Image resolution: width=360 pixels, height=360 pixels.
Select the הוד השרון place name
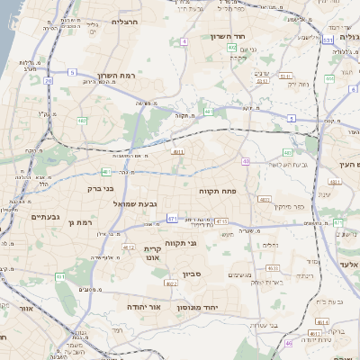229,36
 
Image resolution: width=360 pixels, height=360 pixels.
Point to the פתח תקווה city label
217,192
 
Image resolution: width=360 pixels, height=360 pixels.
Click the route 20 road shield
47,81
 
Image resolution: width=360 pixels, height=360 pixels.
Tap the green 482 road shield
82,120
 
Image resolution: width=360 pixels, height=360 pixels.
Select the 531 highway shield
328,40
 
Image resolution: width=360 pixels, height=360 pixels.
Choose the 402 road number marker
232,47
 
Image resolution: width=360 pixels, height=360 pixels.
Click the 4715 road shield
221,221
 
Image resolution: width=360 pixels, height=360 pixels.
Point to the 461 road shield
60,276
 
